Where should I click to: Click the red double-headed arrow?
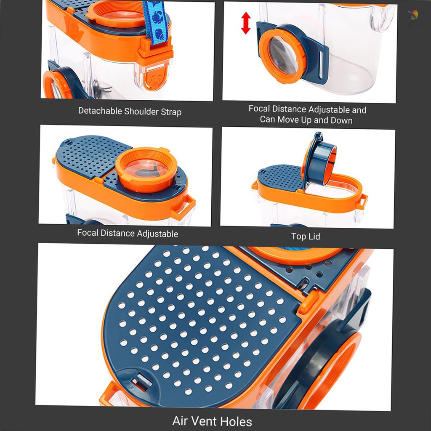(246, 23)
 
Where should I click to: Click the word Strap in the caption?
(170, 112)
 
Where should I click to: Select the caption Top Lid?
(306, 237)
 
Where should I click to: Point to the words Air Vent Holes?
(212, 421)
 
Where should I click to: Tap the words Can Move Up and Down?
(306, 120)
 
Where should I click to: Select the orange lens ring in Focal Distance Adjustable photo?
(145, 168)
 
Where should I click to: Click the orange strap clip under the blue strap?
(156, 53)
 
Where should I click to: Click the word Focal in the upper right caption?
(259, 109)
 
